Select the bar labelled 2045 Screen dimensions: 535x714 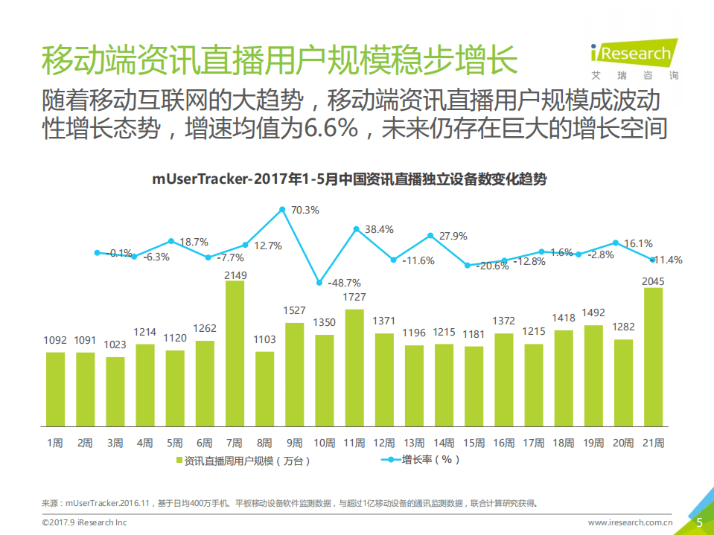click(653, 358)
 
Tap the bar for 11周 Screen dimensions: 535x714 click(354, 368)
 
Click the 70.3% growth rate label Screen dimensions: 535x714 click(305, 211)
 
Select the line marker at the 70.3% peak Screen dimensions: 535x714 click(282, 210)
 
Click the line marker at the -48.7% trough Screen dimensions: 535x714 click(319, 283)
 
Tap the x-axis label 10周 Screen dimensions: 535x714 click(324, 443)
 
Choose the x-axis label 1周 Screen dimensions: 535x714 click(55, 443)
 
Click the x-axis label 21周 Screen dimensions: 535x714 click(653, 443)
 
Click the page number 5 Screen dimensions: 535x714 click(699, 522)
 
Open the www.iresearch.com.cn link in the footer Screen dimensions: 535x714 click(631, 522)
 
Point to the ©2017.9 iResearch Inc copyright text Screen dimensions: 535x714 click(84, 522)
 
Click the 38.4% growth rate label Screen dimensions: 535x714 click(379, 229)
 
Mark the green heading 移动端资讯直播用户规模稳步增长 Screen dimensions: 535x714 click(279, 60)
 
